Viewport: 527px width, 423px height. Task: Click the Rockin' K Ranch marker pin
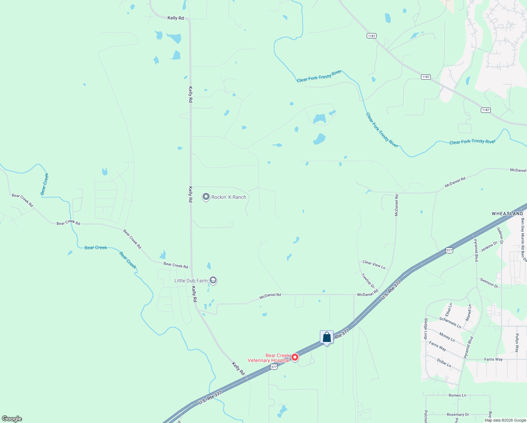206,197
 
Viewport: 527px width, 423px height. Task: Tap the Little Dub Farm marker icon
213,280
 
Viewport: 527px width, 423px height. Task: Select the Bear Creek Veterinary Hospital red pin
295,357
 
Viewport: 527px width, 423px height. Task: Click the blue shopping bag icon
327,337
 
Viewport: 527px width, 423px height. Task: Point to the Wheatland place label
507,214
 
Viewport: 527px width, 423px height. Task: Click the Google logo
12,419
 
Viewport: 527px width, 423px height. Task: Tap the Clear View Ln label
374,264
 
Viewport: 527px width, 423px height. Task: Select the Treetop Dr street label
368,281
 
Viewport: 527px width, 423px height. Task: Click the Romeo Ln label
457,395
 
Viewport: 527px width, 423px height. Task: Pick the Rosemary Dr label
458,415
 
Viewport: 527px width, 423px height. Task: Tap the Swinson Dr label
489,283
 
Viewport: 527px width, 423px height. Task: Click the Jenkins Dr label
489,246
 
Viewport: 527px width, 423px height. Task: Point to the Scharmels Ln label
450,323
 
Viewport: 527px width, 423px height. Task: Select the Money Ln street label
447,337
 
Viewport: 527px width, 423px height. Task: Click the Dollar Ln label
444,363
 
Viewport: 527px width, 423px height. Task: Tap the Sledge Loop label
426,329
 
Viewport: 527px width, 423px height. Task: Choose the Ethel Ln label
448,309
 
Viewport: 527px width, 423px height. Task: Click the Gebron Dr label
500,235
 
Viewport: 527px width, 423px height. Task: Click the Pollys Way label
517,343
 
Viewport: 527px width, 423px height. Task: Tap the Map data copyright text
505,420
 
